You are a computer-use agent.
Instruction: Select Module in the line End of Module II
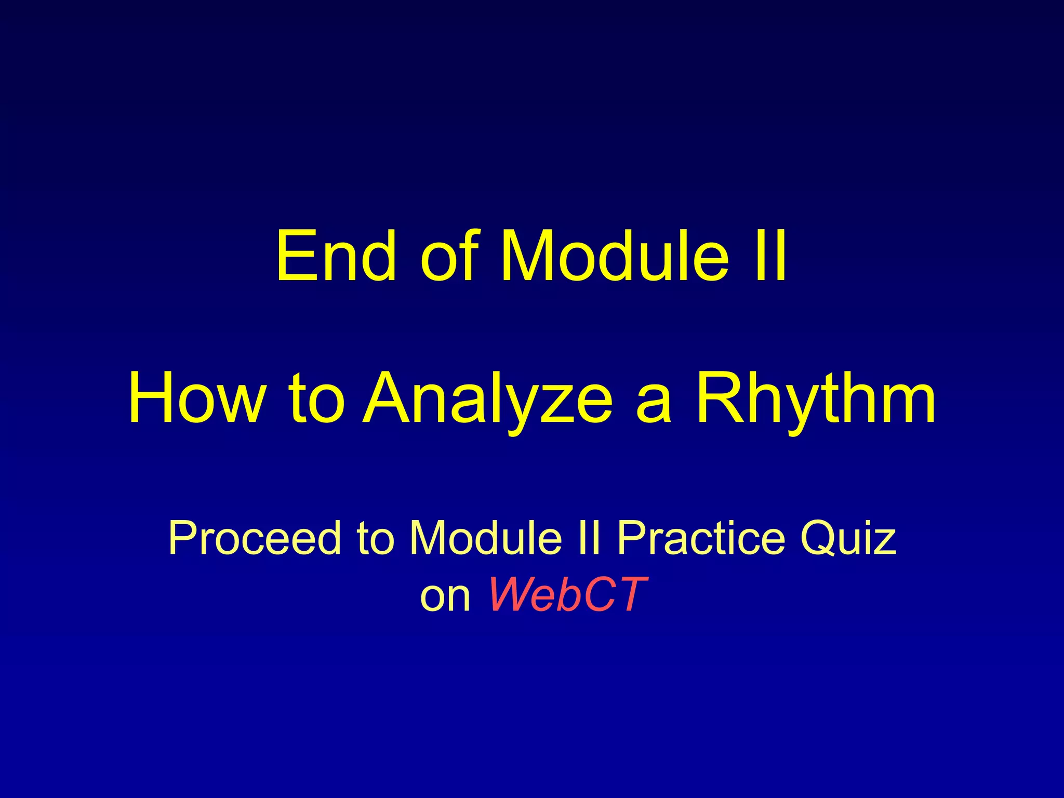tap(614, 256)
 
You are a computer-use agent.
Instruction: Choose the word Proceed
tap(255, 538)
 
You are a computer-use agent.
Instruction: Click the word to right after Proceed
tap(375, 538)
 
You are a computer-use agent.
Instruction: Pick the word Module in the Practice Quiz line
tap(486, 538)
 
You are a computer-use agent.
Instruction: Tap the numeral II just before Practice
tap(589, 538)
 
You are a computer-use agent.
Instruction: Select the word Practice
tap(701, 538)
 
